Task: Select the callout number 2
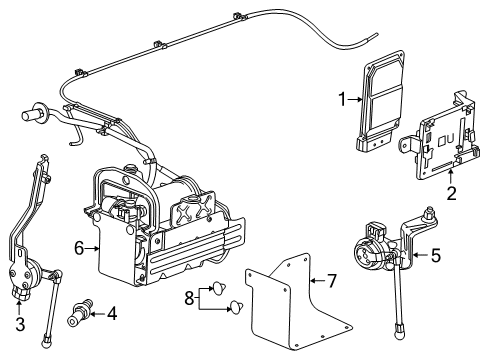click(x=451, y=192)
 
